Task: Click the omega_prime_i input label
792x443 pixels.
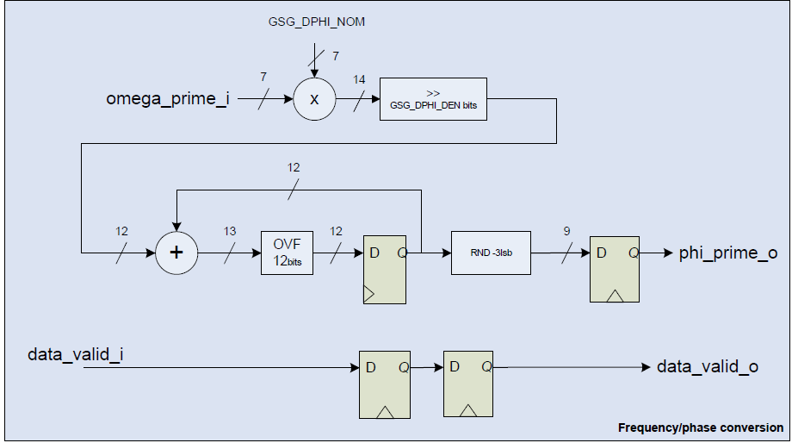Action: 167,98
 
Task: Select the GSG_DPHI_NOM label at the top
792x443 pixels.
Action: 317,22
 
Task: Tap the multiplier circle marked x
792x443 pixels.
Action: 314,99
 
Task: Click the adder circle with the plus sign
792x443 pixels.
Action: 176,253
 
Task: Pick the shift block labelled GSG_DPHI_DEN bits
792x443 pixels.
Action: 433,99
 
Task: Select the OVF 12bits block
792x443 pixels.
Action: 287,253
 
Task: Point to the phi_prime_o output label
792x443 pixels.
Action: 728,253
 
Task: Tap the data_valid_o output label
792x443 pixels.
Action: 707,367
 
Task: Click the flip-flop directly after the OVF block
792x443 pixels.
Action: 385,269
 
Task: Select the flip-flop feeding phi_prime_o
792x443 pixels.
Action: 614,269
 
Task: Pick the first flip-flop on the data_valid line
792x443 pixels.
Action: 385,384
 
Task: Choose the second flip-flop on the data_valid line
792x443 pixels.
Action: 468,384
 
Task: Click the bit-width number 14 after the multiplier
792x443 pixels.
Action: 359,79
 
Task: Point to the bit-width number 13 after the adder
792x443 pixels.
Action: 230,232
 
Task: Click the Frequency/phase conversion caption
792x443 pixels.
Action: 701,427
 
